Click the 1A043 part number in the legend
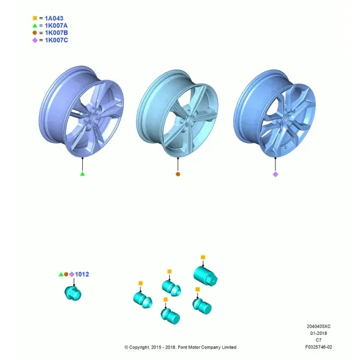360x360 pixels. click(x=54, y=19)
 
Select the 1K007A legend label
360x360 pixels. click(x=56, y=25)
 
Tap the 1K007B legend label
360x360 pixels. click(x=56, y=33)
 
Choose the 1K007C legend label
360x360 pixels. click(x=56, y=40)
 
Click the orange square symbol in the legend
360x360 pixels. click(x=35, y=18)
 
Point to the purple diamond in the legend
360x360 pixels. click(x=35, y=40)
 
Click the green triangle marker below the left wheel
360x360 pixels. click(x=82, y=174)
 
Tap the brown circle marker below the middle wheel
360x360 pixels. click(x=178, y=174)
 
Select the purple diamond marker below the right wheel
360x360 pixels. click(x=275, y=175)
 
